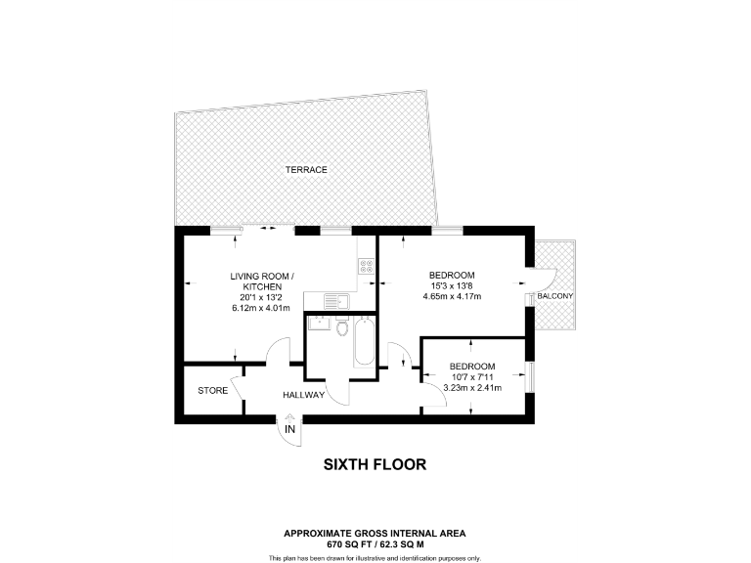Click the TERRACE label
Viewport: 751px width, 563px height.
(x=306, y=170)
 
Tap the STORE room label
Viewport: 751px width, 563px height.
(x=212, y=391)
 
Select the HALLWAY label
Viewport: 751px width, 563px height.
(x=303, y=395)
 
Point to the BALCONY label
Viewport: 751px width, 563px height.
(x=554, y=296)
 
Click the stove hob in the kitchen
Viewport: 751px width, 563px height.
(x=367, y=265)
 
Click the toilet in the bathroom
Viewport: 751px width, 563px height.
(x=340, y=328)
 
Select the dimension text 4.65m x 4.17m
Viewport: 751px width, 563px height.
(x=452, y=297)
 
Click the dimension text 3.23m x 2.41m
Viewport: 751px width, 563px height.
(x=472, y=388)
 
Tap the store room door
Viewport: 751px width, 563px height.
(x=236, y=388)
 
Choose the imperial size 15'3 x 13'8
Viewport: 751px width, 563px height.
(x=452, y=285)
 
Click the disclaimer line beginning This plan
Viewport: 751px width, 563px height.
(x=375, y=557)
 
